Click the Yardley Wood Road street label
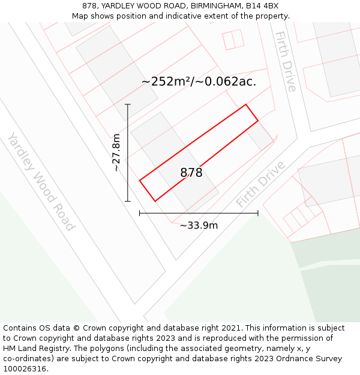click(x=41, y=181)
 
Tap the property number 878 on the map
click(x=191, y=173)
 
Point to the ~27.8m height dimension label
click(x=116, y=152)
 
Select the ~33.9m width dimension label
click(x=199, y=226)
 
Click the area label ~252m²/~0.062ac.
click(x=199, y=82)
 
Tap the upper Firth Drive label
click(x=286, y=61)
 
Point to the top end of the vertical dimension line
click(x=128, y=104)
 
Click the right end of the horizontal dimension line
click(x=259, y=213)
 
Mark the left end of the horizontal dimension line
click(x=140, y=213)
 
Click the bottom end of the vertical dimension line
click(x=128, y=201)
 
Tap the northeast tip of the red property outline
click(x=246, y=105)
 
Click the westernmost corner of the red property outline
click(x=140, y=181)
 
